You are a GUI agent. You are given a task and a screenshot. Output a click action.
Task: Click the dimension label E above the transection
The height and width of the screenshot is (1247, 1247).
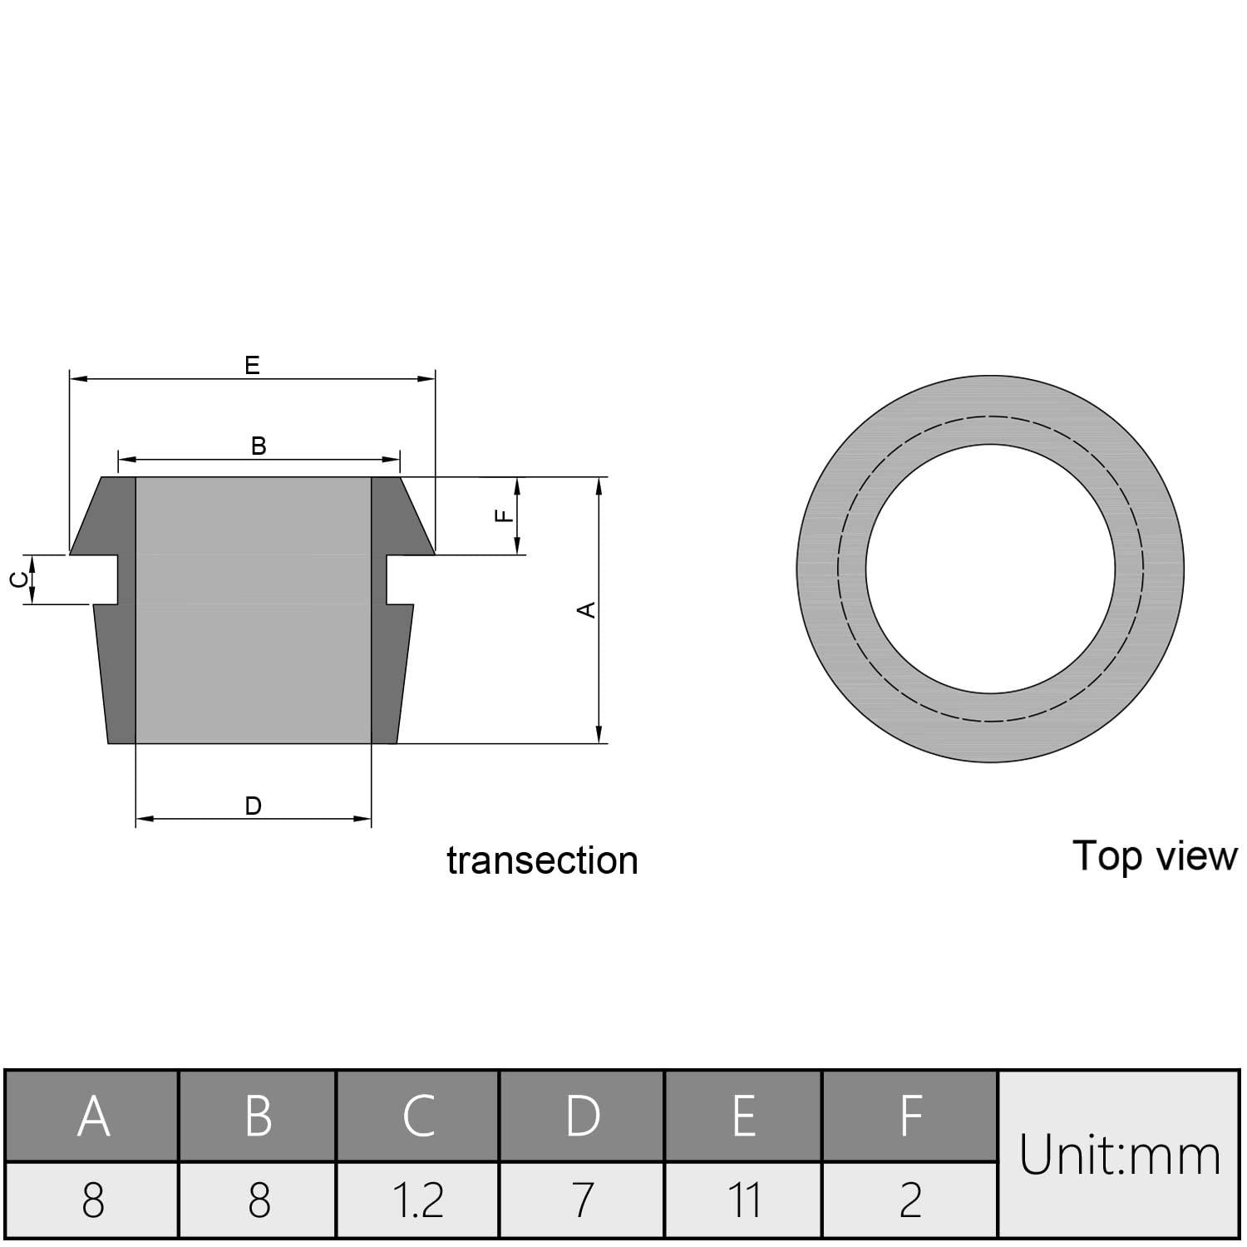(x=252, y=365)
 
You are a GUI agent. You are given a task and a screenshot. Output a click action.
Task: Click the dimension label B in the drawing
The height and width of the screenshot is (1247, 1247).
(x=259, y=446)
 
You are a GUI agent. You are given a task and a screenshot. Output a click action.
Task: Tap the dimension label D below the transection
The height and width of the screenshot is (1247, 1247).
(x=254, y=806)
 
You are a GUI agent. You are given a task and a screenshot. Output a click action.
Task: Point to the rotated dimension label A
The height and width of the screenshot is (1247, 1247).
(x=587, y=609)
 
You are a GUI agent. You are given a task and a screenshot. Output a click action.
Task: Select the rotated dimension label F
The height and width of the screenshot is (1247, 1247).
(x=504, y=515)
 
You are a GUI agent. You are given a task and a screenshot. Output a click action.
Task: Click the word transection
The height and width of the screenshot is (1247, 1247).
(x=542, y=860)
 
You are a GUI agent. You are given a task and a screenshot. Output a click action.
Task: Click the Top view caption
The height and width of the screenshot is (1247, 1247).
(x=1154, y=855)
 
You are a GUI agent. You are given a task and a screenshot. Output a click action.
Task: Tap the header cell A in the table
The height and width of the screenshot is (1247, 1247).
(x=93, y=1116)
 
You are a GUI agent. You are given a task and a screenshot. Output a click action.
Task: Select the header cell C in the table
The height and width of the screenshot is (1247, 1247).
(x=418, y=1116)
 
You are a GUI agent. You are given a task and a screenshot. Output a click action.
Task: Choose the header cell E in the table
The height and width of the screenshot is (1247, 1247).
(x=744, y=1116)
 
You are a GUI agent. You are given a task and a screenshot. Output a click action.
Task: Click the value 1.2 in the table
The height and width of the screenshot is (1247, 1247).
(x=418, y=1200)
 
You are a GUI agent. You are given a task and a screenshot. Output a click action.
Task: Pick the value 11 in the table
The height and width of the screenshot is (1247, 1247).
(x=744, y=1200)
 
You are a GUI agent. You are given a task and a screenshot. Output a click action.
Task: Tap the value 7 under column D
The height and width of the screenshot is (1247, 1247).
(x=583, y=1200)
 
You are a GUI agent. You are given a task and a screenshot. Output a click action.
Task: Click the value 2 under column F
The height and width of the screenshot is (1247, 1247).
(x=910, y=1200)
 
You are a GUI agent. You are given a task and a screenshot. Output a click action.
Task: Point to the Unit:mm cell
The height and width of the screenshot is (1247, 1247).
(x=1119, y=1155)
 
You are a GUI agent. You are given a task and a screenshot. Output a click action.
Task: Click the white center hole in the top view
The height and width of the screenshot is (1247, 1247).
(x=990, y=569)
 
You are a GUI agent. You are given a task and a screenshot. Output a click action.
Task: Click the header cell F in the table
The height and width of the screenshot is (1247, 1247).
(x=910, y=1116)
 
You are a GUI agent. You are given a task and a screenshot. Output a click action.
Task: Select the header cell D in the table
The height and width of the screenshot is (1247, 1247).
(x=583, y=1116)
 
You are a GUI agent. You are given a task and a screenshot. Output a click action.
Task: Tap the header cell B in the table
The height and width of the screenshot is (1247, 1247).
(x=259, y=1116)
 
